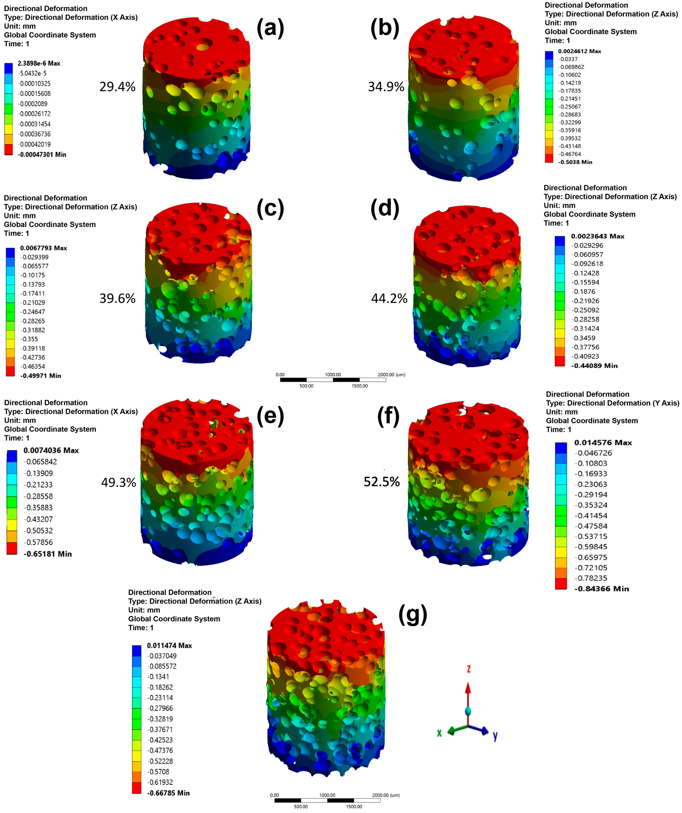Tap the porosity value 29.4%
[117, 87]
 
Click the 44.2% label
[389, 298]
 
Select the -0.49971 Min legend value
[41, 376]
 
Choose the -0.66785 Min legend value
[168, 793]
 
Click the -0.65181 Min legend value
[48, 554]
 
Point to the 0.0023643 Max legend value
[598, 236]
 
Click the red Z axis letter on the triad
[469, 669]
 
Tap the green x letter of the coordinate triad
[439, 733]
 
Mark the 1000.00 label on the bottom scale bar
[327, 795]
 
